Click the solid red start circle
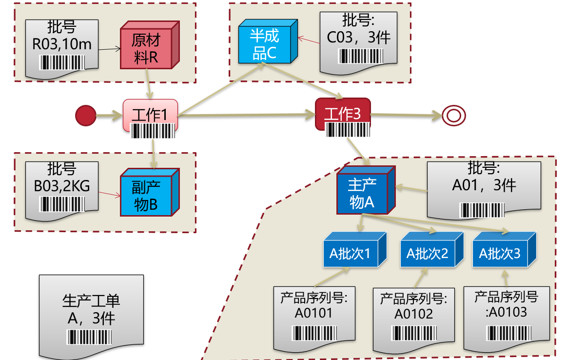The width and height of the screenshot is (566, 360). pos(86,116)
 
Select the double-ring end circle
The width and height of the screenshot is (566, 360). pos(453,116)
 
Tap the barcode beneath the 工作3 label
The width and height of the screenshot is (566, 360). pos(348,130)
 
